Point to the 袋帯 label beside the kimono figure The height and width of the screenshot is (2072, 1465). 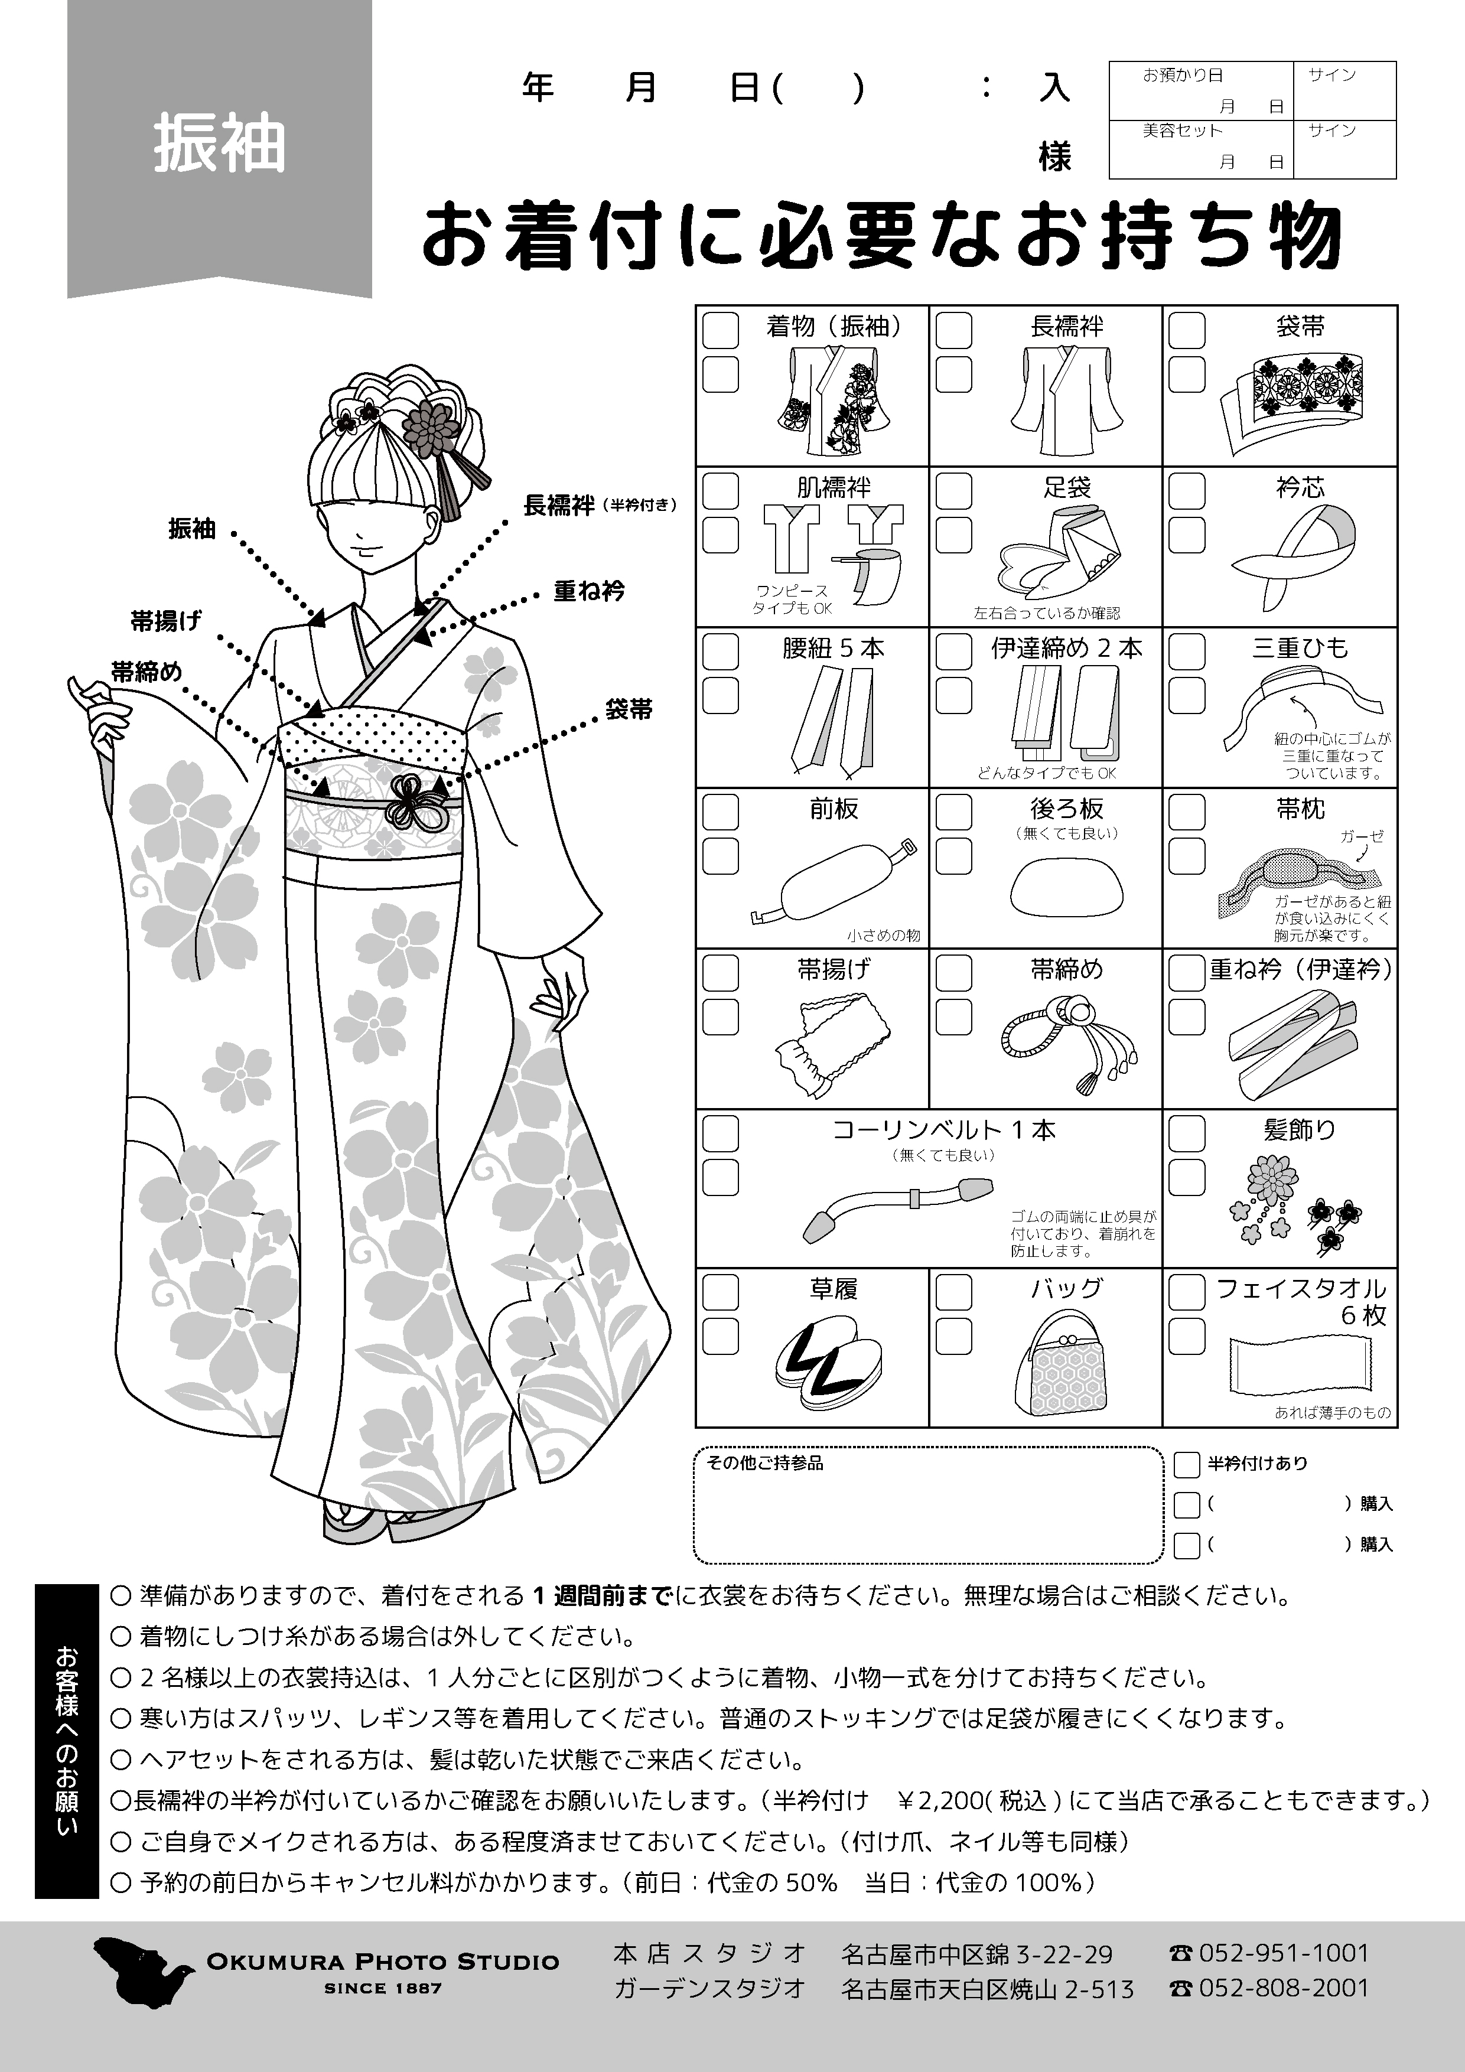pyautogui.click(x=629, y=709)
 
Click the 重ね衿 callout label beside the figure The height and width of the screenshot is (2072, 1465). pyautogui.click(x=588, y=591)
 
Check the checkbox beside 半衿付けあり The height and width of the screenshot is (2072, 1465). pyautogui.click(x=1186, y=1465)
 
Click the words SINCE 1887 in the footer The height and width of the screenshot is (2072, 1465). pyautogui.click(x=383, y=1988)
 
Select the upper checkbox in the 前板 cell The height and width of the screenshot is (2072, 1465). pyautogui.click(x=720, y=812)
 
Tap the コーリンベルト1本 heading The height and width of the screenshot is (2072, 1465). pyautogui.click(x=943, y=1130)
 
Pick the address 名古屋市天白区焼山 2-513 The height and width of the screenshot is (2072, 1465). pyautogui.click(x=987, y=1989)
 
